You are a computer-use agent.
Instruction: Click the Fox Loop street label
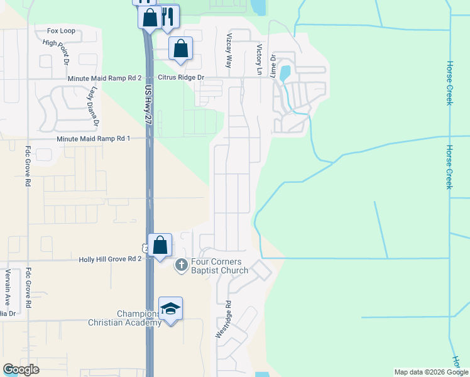(61, 30)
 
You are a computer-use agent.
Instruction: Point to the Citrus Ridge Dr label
(181, 77)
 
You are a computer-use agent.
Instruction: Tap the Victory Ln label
(258, 60)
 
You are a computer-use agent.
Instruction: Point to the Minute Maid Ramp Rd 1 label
(92, 138)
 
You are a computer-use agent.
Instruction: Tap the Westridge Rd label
(223, 320)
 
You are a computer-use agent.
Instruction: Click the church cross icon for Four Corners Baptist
(181, 265)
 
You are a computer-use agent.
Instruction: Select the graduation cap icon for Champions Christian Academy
(170, 308)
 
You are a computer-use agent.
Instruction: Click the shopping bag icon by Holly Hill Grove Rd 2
(160, 244)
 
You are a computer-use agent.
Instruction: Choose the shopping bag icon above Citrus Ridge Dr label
(181, 48)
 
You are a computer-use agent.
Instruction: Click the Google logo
(21, 369)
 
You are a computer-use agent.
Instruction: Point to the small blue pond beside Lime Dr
(285, 72)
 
